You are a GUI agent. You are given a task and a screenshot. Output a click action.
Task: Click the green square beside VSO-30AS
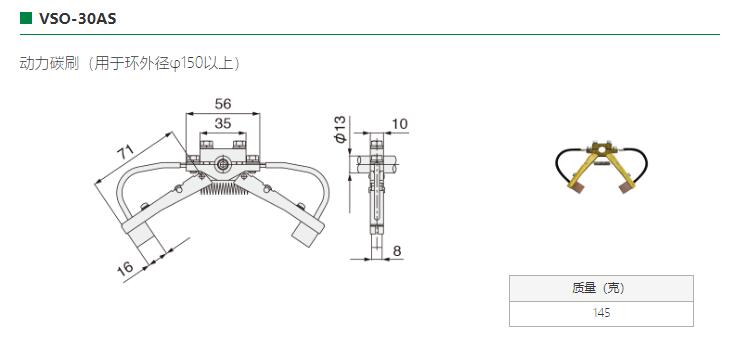click(x=25, y=19)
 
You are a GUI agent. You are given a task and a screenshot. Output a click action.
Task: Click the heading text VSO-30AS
click(x=77, y=19)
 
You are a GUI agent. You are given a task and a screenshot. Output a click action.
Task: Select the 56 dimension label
click(x=223, y=104)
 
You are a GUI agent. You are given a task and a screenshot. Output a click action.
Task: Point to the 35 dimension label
click(x=223, y=124)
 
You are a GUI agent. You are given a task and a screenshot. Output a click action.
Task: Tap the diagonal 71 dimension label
click(x=126, y=153)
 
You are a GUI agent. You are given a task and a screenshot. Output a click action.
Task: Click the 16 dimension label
click(x=126, y=267)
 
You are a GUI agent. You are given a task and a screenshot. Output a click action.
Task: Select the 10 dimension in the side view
click(x=400, y=124)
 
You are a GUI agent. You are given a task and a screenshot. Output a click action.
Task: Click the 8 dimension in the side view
click(x=397, y=251)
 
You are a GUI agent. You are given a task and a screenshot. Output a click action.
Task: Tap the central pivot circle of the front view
click(x=223, y=164)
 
